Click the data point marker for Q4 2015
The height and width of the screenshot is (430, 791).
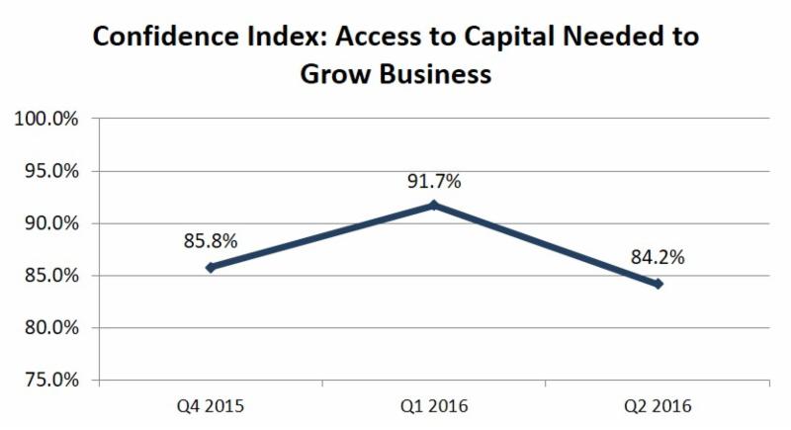coord(211,267)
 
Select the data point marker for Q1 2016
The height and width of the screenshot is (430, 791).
coord(434,206)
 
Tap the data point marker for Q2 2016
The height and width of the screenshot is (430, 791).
coord(658,284)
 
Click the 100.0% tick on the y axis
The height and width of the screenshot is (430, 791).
coord(45,120)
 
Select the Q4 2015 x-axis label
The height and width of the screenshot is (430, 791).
coord(211,406)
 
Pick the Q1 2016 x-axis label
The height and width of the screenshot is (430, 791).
coord(434,406)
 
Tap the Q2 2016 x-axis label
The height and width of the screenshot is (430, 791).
coord(658,406)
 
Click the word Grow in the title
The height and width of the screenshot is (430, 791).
coord(336,74)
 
